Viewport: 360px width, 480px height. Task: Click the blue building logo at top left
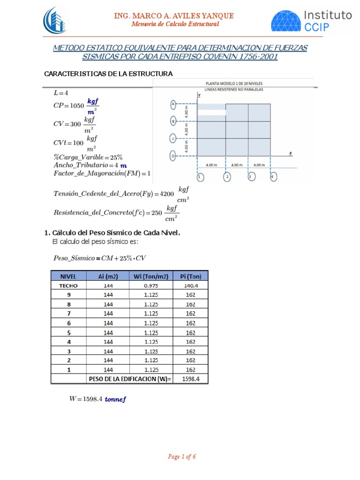click(x=55, y=21)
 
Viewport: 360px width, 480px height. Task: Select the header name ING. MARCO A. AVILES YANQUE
click(x=174, y=16)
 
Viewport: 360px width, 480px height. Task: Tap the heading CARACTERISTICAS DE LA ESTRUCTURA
click(x=108, y=74)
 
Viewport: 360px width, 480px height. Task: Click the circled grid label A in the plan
click(x=173, y=104)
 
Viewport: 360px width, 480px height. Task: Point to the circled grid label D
click(x=173, y=156)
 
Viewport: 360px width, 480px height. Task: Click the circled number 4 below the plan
click(x=274, y=177)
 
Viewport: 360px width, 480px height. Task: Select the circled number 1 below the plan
click(x=200, y=177)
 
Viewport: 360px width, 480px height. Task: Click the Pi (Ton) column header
click(x=190, y=276)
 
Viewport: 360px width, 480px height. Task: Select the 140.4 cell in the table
click(x=190, y=285)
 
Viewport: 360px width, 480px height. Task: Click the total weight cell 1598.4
click(x=190, y=379)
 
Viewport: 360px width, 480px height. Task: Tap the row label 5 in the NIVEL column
click(x=69, y=332)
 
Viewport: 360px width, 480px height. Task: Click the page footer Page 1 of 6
click(x=181, y=457)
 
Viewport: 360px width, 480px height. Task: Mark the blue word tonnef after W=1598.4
click(x=116, y=399)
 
